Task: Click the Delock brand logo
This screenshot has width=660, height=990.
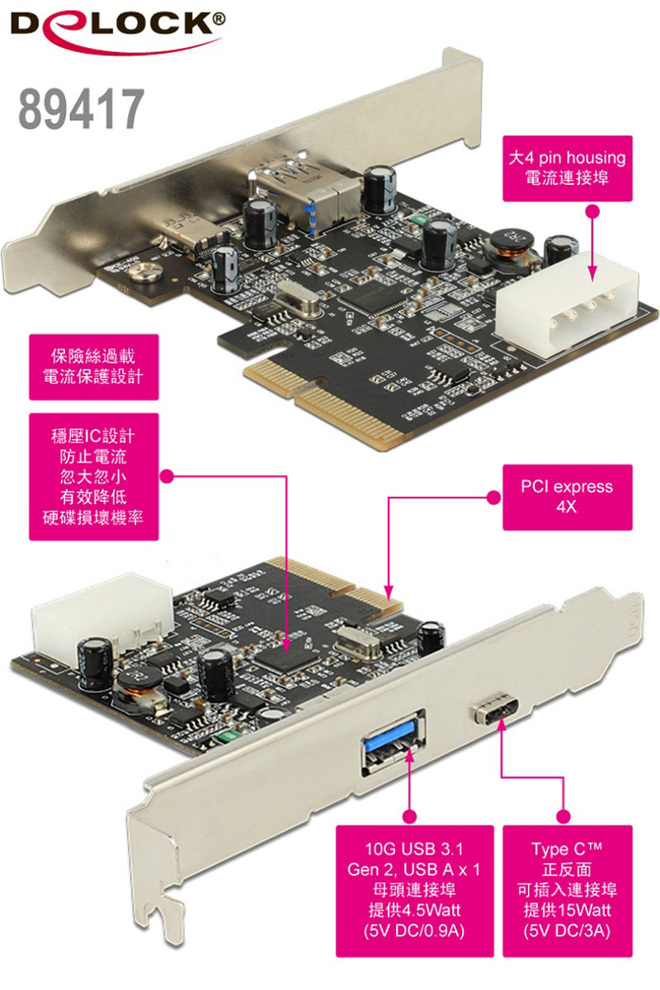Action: click(x=118, y=32)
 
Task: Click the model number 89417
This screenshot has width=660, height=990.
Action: click(x=82, y=109)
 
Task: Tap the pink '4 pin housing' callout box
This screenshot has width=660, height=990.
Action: click(x=567, y=168)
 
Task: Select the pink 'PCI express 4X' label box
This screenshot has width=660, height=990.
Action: click(x=567, y=497)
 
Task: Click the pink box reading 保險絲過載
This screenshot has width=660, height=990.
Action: click(x=94, y=367)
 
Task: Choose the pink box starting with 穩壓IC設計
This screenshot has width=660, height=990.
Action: click(x=94, y=477)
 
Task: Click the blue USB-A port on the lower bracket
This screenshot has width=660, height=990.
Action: click(x=393, y=742)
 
